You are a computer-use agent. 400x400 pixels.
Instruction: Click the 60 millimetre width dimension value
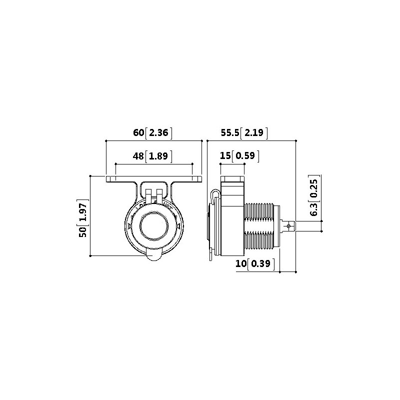(138, 132)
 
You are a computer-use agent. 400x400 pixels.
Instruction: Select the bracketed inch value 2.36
(158, 132)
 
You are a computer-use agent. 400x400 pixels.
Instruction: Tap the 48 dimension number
(138, 156)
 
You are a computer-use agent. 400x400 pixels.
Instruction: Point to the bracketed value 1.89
(158, 156)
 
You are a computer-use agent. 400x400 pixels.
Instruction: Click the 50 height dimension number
(83, 232)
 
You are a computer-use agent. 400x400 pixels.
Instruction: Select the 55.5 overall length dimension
(230, 132)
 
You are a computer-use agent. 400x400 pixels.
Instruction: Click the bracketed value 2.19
(254, 132)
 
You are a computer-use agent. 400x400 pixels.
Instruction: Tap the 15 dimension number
(225, 155)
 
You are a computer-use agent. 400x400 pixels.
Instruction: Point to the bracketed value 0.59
(245, 155)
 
